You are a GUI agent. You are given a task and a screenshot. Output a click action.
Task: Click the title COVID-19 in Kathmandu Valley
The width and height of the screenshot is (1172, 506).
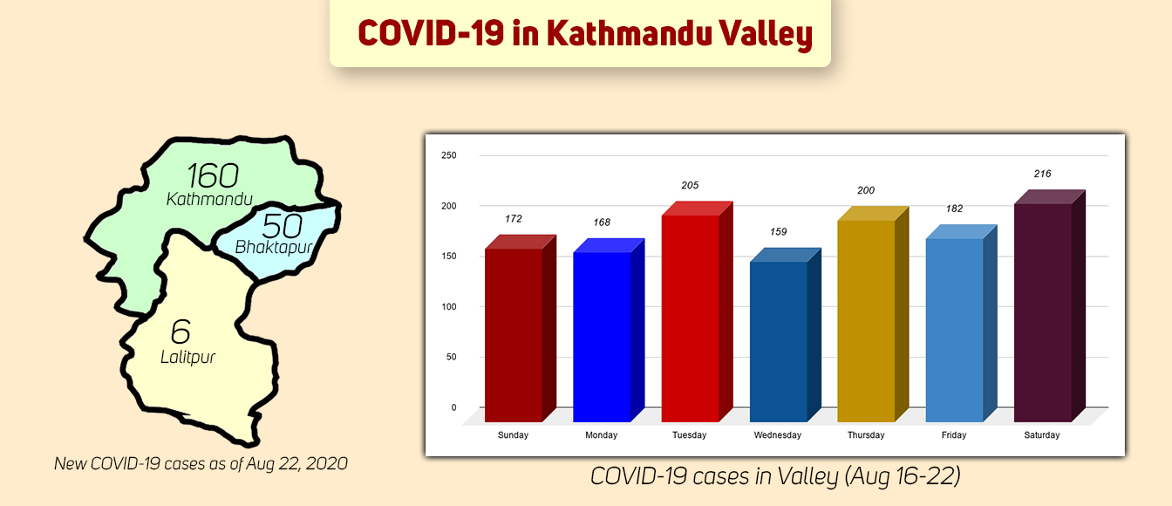pos(584,34)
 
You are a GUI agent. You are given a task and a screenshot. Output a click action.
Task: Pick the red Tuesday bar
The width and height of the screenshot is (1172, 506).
pos(690,318)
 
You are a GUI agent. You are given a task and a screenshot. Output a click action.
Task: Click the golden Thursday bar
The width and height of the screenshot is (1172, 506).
pos(866,320)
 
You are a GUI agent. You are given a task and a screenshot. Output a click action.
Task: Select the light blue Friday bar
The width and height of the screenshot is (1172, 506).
pos(954,329)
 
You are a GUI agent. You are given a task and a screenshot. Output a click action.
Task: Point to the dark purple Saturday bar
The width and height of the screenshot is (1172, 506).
pos(1043,311)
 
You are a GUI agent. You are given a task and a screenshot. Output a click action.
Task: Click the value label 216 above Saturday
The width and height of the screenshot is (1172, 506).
pos(1042,174)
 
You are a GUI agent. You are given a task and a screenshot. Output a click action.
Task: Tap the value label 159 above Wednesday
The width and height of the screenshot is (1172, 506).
pos(779,232)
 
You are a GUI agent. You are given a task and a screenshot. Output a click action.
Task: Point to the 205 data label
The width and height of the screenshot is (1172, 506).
pos(690,186)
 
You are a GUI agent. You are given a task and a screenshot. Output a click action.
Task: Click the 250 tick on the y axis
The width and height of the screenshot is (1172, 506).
pos(448,155)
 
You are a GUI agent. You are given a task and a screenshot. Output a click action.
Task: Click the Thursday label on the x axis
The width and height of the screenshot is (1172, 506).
pos(866,435)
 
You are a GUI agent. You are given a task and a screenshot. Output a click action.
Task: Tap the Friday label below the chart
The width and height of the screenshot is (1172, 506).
pos(954,435)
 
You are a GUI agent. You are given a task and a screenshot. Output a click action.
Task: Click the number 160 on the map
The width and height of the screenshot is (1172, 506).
pos(212,175)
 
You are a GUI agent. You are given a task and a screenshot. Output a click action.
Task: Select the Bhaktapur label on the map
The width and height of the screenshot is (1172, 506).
pos(273,248)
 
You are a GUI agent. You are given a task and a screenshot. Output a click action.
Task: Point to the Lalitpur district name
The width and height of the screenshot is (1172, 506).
pos(187,357)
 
